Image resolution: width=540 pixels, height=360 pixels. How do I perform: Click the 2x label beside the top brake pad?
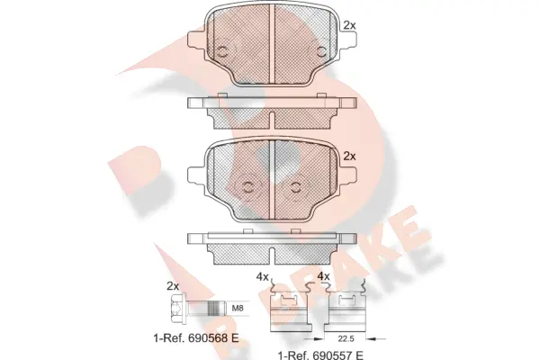coord(350,26)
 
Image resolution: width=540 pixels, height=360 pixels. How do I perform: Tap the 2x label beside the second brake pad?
coord(351,155)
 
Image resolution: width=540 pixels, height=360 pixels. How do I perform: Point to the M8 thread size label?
coord(238,309)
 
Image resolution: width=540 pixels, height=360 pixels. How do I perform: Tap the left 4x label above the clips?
coord(261,276)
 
